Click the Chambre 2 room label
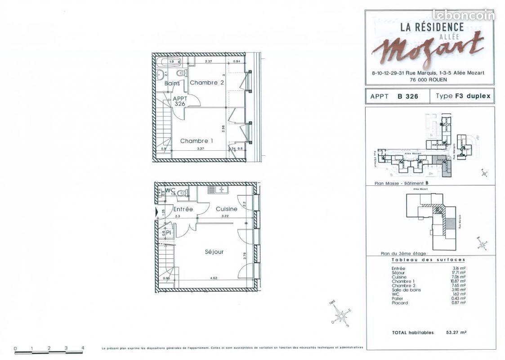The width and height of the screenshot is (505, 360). pyautogui.click(x=206, y=82)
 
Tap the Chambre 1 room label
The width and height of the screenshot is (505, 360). pyautogui.click(x=197, y=141)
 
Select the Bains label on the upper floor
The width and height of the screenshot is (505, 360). pyautogui.click(x=172, y=83)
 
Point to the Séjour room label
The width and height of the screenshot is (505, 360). pyautogui.click(x=215, y=252)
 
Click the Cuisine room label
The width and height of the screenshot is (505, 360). pyautogui.click(x=226, y=209)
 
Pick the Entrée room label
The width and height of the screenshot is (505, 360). pyautogui.click(x=183, y=209)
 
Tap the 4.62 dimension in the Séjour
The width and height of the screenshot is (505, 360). pyautogui.click(x=214, y=279)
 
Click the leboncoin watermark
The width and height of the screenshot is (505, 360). pyautogui.click(x=464, y=15)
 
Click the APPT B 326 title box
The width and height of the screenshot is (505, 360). pyautogui.click(x=394, y=96)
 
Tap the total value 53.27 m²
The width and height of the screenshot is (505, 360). pyautogui.click(x=456, y=333)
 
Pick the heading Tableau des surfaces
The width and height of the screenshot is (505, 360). pyautogui.click(x=428, y=260)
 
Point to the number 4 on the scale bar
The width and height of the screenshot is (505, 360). pyautogui.click(x=83, y=348)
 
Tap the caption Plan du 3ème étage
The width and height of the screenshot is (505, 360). pyautogui.click(x=403, y=254)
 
